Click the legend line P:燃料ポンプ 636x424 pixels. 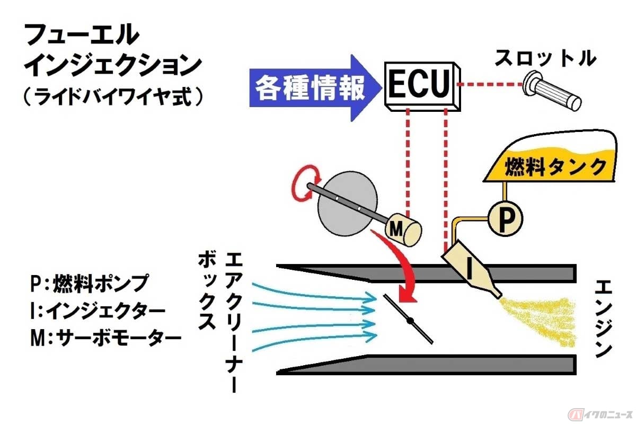tap(87, 284)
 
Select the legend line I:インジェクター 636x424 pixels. tap(98, 310)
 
